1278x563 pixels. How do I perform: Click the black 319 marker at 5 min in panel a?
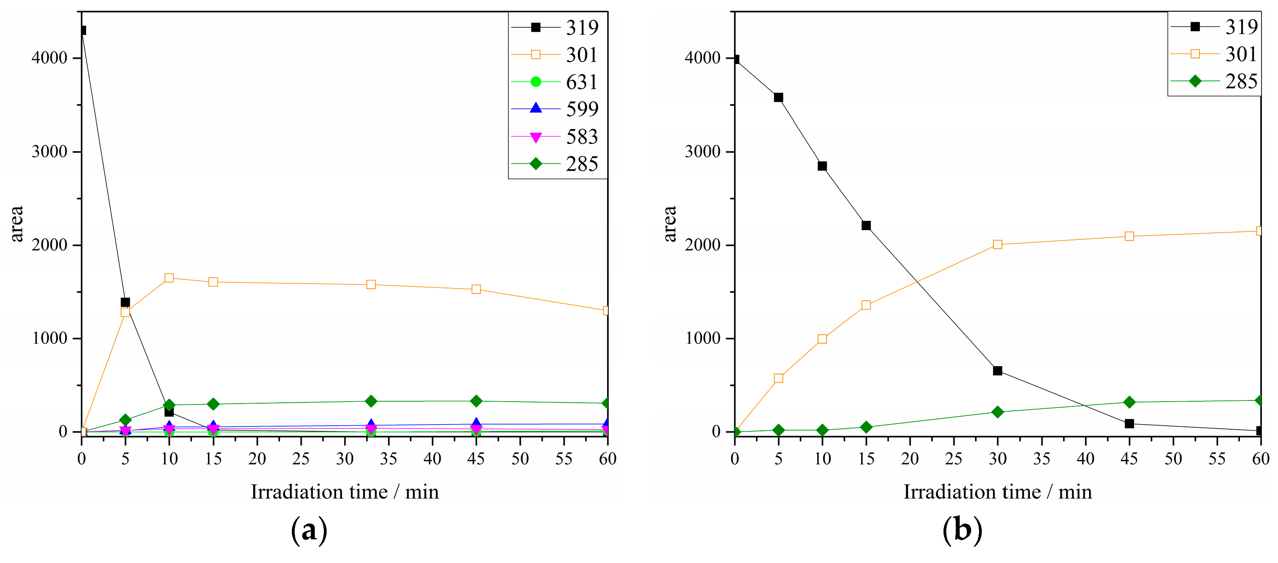tap(125, 302)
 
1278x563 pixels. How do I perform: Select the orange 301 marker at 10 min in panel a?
tap(169, 278)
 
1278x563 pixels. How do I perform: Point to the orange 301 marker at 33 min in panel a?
tap(371, 284)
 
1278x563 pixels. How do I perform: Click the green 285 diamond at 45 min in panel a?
tap(476, 401)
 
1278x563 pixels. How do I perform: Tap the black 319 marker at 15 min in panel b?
tap(866, 226)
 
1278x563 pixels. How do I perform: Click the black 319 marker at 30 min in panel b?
tap(998, 370)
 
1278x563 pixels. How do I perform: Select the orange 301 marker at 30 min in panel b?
tap(998, 245)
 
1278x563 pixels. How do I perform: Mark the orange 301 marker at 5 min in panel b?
tap(778, 378)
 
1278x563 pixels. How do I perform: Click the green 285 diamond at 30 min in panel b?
tap(998, 412)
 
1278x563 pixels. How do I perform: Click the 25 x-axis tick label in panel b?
tap(953, 459)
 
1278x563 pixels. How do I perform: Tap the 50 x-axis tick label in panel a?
tap(520, 459)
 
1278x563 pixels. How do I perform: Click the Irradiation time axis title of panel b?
tap(998, 492)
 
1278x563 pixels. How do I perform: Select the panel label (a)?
tap(309, 530)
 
